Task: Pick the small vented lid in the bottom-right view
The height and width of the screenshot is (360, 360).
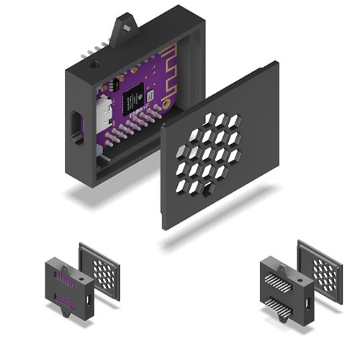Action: [320, 268]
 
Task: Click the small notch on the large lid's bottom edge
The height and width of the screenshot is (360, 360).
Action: [209, 189]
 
